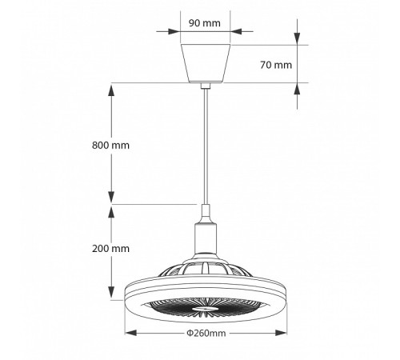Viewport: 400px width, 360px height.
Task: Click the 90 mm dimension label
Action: [x=206, y=22]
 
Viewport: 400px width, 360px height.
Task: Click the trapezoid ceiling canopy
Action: [x=206, y=62]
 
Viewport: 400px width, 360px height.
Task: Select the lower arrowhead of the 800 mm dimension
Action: [x=111, y=198]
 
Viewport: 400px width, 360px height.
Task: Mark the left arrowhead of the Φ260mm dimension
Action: [x=128, y=333]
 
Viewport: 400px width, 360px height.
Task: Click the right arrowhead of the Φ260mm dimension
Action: [x=284, y=333]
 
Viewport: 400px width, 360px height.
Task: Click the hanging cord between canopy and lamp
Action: [x=206, y=144]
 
